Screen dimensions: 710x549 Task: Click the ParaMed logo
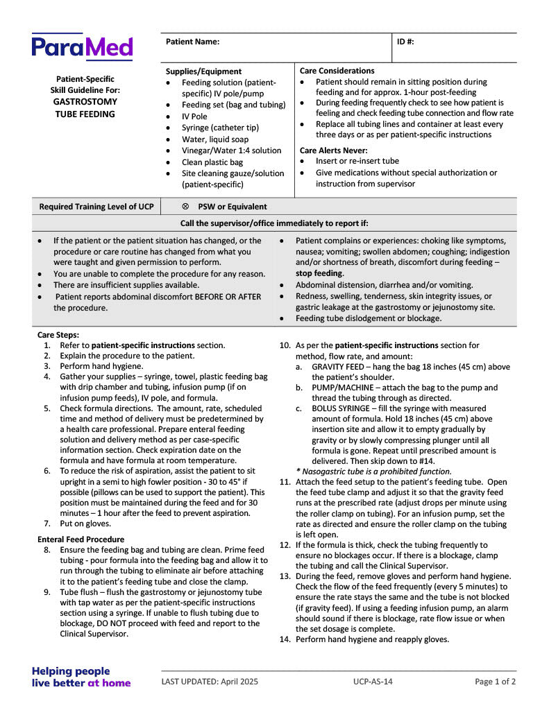coord(82,47)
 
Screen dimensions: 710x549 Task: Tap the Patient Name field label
coord(192,42)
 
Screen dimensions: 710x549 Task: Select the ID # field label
coord(405,42)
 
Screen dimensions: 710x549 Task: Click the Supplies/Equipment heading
coord(203,71)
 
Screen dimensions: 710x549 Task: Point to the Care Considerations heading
coord(337,71)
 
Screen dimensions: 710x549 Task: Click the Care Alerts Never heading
coord(333,150)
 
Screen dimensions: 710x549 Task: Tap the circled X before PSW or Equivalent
coord(185,207)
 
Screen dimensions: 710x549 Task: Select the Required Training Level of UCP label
coord(96,207)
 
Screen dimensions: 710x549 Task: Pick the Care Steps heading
coord(58,334)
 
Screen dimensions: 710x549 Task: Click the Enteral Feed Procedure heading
coord(81,539)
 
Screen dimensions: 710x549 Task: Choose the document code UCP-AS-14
coord(372,682)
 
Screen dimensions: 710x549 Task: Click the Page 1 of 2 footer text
coord(495,682)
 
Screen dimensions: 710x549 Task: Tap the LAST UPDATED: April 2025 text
coord(210,682)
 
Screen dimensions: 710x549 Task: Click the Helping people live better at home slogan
coord(81,677)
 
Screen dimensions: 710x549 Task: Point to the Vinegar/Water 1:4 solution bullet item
coord(231,150)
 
